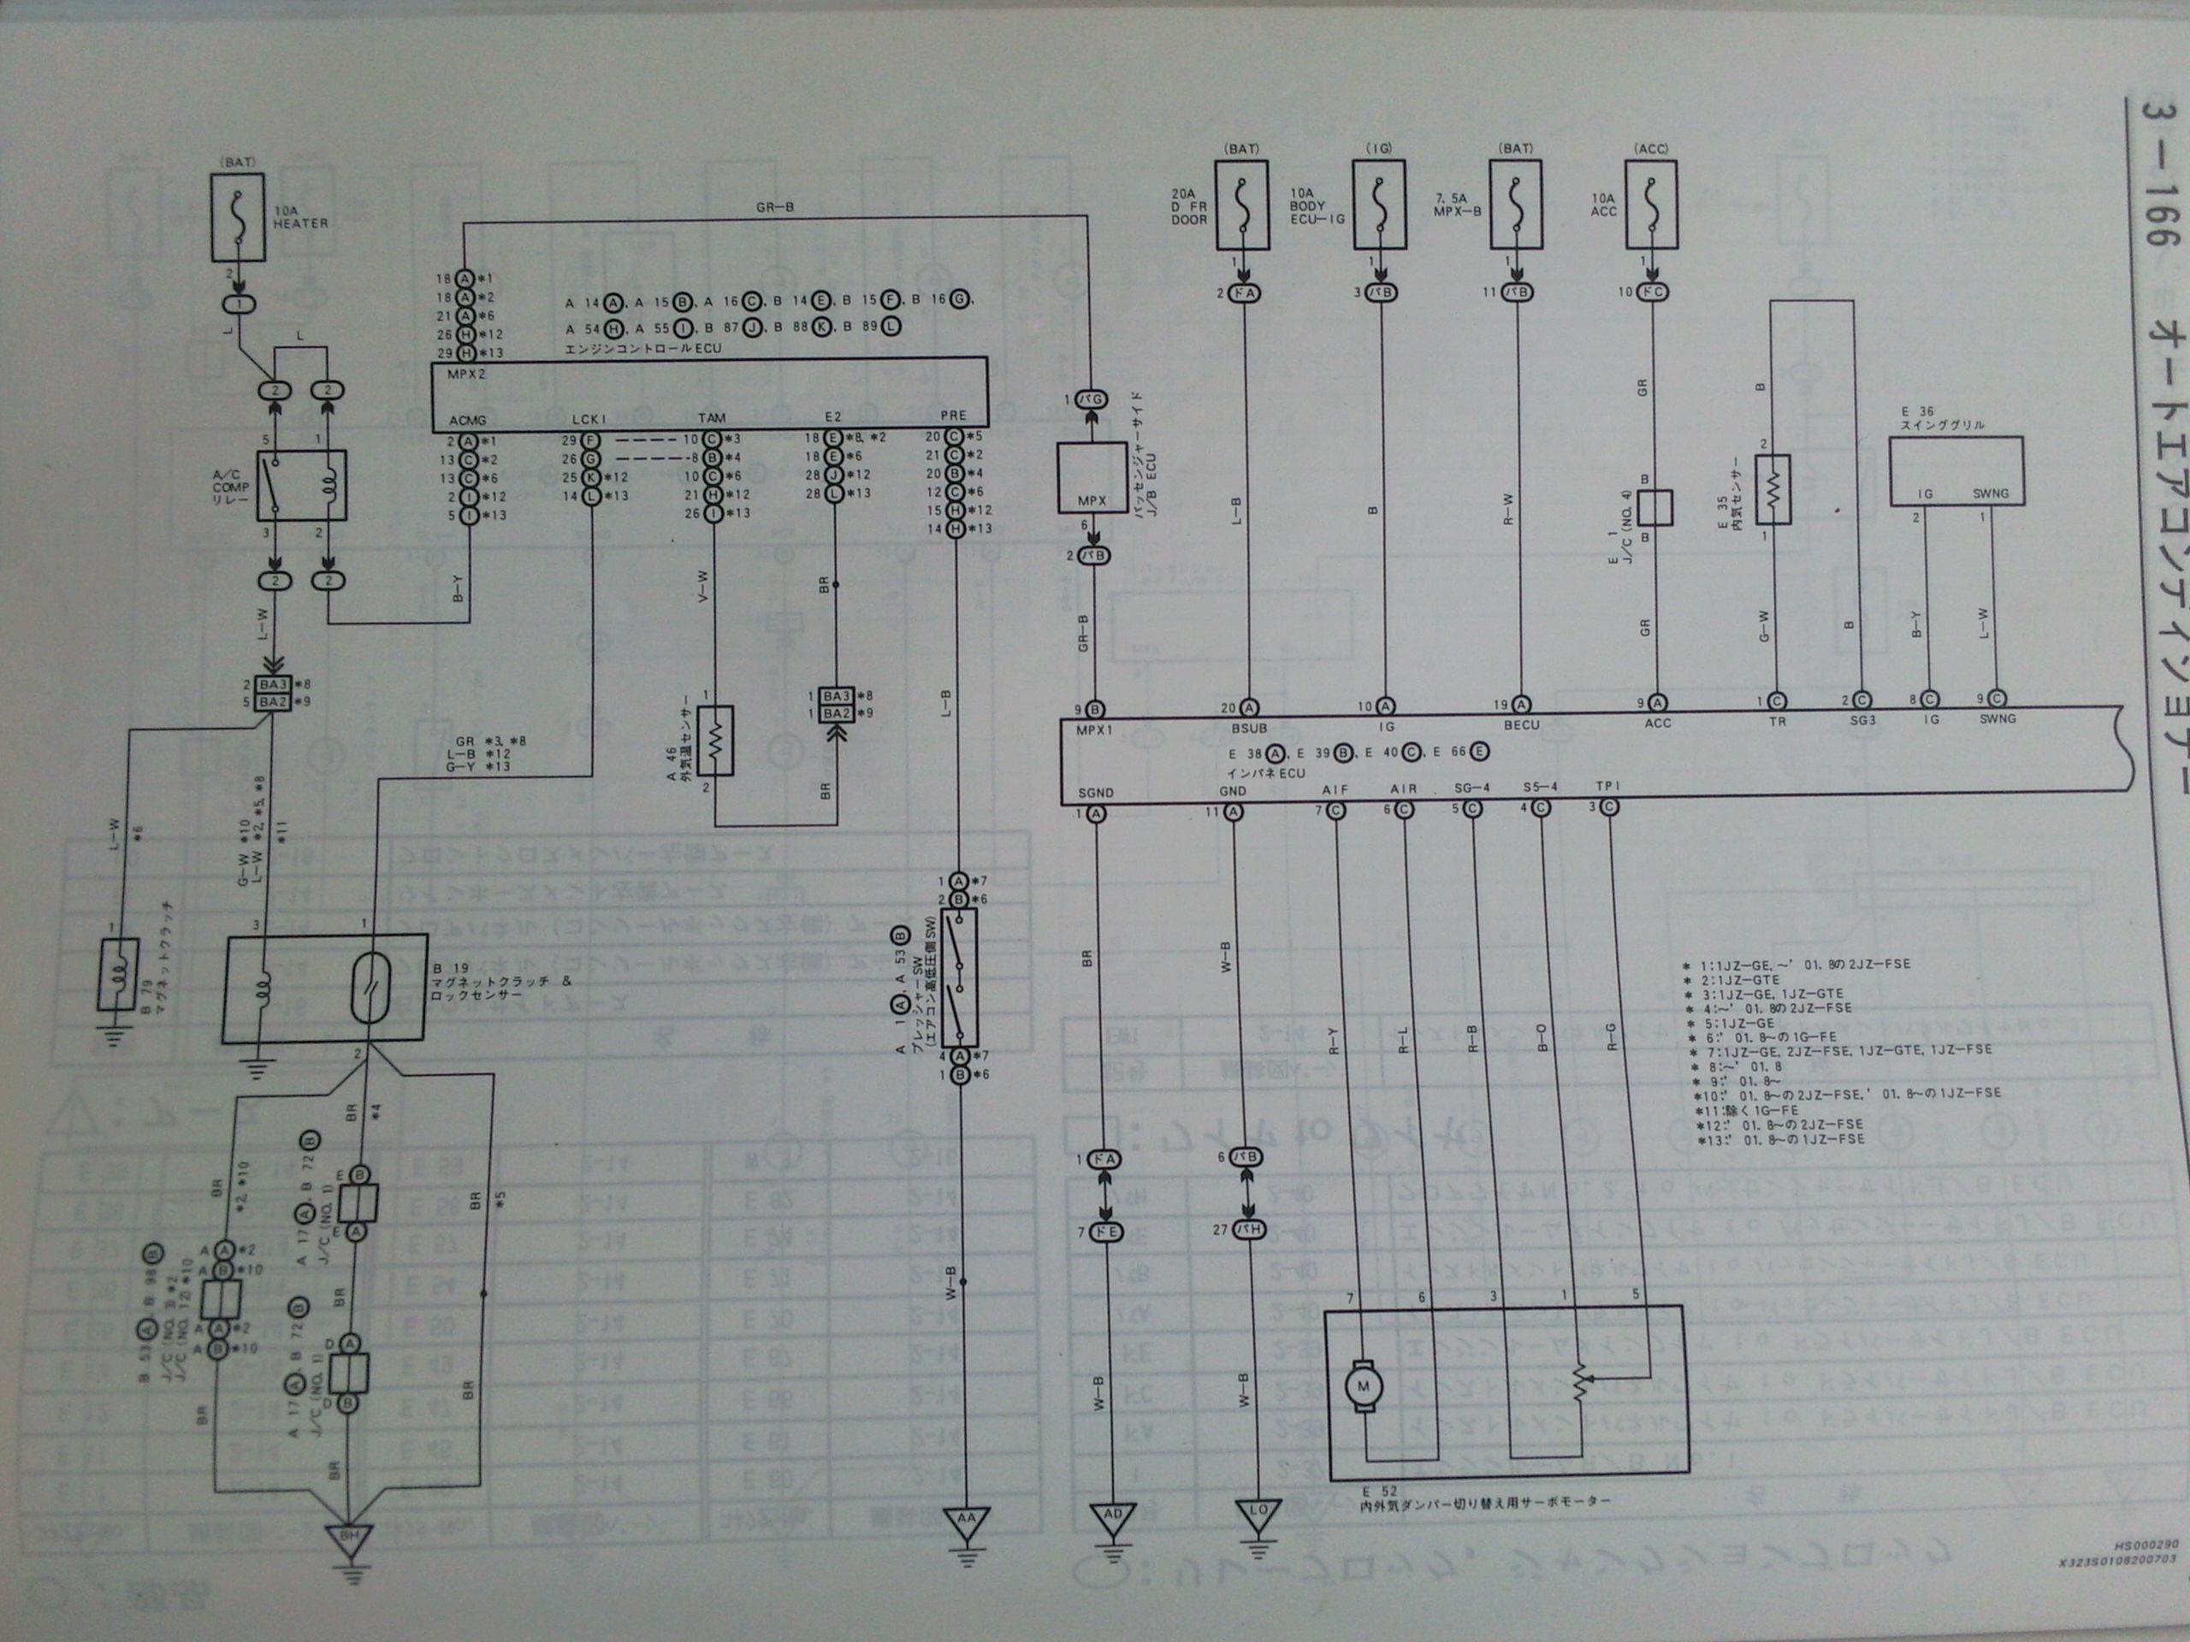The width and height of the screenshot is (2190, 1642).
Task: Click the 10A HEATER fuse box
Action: pyautogui.click(x=238, y=218)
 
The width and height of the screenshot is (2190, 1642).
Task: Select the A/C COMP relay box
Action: pyautogui.click(x=301, y=486)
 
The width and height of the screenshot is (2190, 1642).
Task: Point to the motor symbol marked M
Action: pyautogui.click(x=1364, y=1385)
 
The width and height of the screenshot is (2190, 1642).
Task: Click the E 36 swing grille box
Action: pyautogui.click(x=1956, y=471)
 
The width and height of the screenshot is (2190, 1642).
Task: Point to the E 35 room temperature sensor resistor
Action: pyautogui.click(x=1774, y=489)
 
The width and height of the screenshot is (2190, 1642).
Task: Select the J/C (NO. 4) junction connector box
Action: pyautogui.click(x=1654, y=508)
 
